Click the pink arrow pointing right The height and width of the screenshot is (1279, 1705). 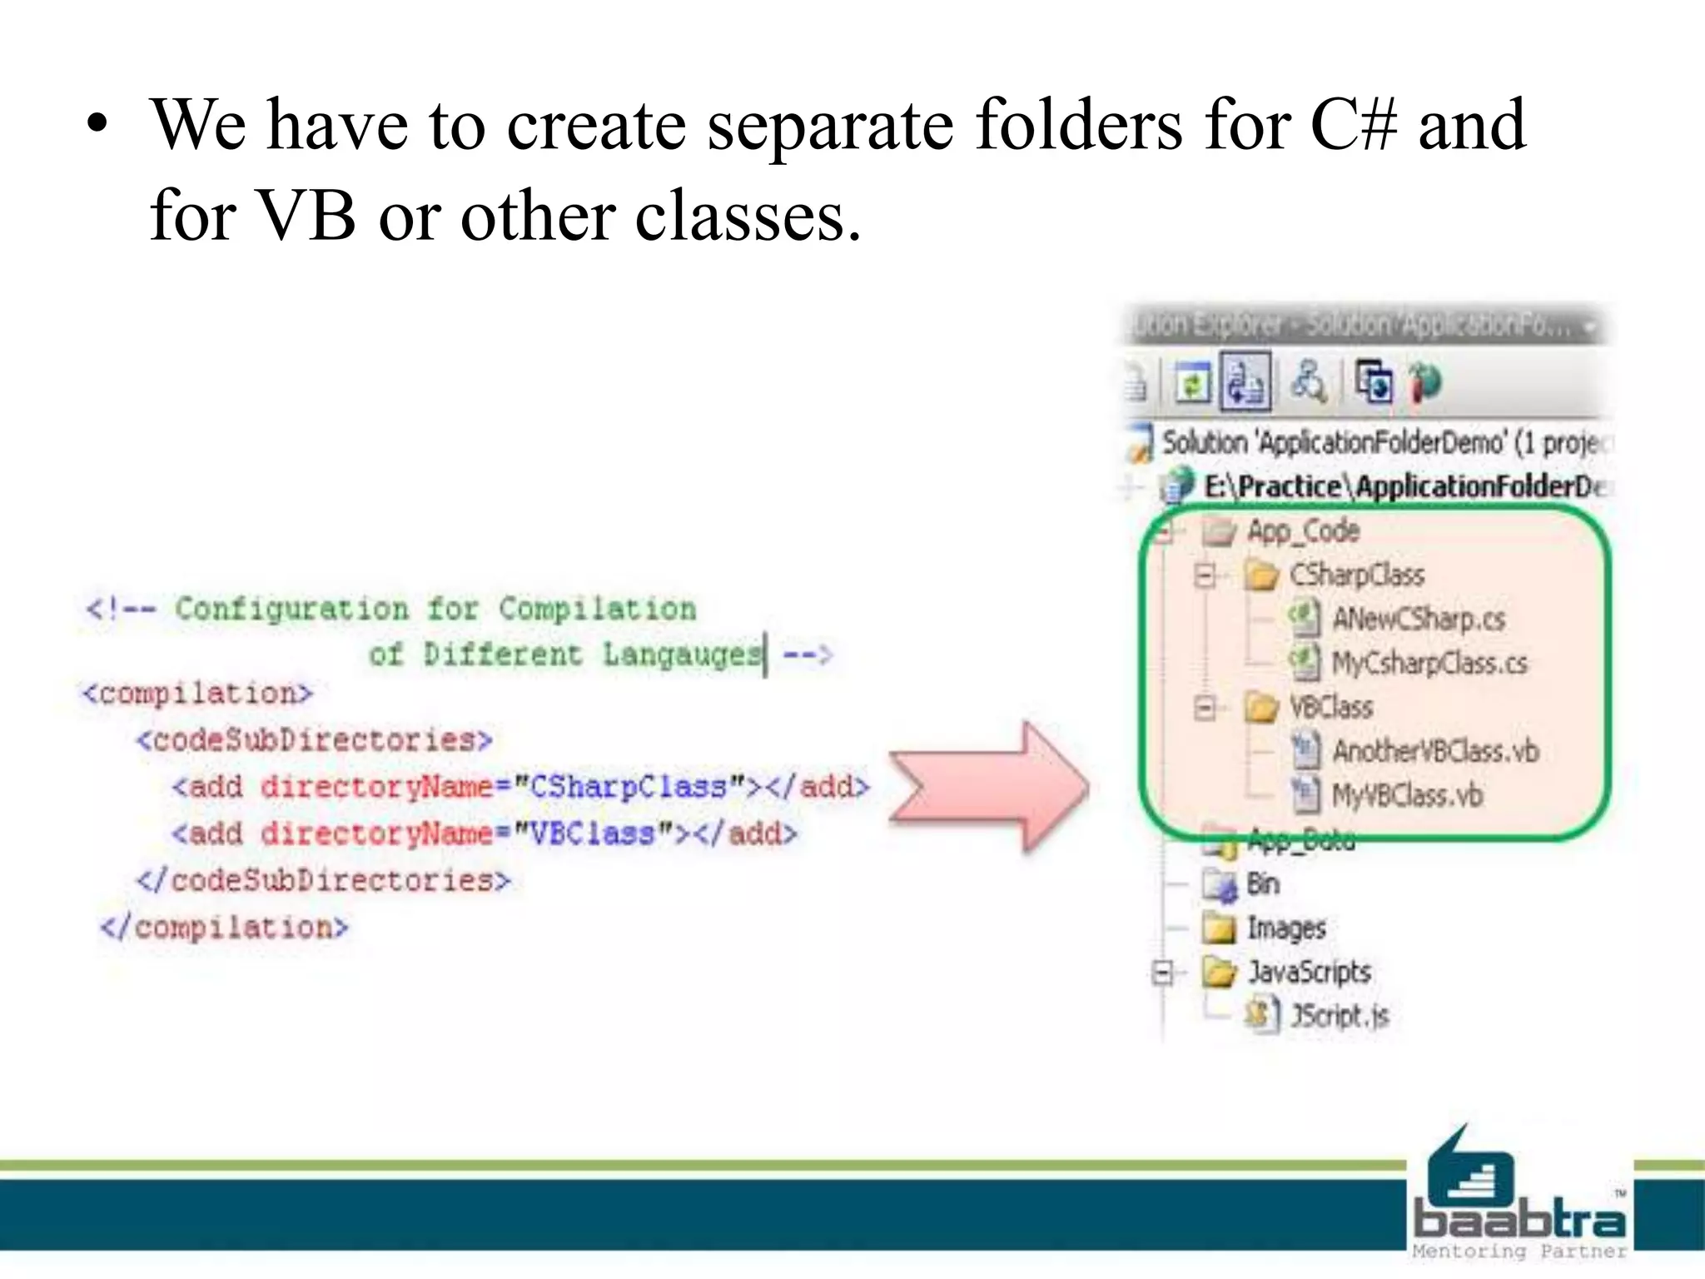tap(991, 787)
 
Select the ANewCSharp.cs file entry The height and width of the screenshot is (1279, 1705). tap(1418, 619)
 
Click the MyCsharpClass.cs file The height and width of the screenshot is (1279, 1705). tap(1429, 663)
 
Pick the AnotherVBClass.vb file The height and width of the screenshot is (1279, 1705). tap(1434, 751)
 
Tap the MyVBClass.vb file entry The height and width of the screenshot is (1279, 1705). tap(1406, 795)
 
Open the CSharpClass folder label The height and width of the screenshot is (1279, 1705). tap(1356, 575)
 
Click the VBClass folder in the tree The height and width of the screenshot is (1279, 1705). tap(1330, 707)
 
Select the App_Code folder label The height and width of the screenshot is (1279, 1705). tap(1303, 530)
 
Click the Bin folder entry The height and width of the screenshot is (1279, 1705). tap(1262, 883)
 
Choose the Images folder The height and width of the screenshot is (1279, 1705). tap(1285, 928)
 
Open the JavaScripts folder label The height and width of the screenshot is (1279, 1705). tap(1309, 972)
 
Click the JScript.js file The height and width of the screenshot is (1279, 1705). tap(1339, 1016)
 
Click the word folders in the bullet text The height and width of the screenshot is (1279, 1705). tap(1078, 125)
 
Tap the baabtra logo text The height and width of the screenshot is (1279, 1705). tap(1519, 1221)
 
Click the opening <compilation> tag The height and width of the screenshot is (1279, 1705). tap(197, 693)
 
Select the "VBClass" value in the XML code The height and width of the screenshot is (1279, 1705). tap(593, 834)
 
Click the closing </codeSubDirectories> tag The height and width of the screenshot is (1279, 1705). tap(324, 880)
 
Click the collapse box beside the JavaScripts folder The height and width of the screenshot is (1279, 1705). tap(1162, 973)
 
